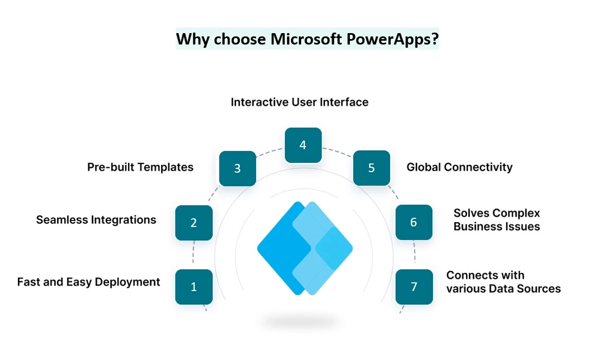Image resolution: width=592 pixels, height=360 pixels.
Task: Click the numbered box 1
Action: coord(194,287)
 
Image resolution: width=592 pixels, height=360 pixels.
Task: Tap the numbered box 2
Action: coord(194,223)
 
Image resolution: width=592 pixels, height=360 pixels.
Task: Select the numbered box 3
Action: coord(238,168)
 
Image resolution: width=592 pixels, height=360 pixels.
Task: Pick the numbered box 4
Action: coord(303,145)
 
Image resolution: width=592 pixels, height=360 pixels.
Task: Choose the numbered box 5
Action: coord(372,168)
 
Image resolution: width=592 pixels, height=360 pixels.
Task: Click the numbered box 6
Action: coord(414,222)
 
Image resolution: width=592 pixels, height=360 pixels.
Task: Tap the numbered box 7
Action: coord(414,287)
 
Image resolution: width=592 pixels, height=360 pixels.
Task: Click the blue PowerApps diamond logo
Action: coord(305,248)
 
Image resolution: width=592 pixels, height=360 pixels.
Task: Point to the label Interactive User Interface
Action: coord(300,102)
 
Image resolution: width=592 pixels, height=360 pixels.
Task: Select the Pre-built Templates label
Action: coord(140,167)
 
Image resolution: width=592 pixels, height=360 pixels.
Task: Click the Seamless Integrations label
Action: coord(96,220)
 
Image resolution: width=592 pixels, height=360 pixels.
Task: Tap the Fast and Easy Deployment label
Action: coord(89,282)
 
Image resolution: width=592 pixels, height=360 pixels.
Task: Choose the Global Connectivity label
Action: coord(460,167)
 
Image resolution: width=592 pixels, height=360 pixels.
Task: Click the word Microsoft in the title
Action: coord(306,39)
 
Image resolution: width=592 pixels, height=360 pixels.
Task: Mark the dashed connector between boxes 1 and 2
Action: coord(193,255)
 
